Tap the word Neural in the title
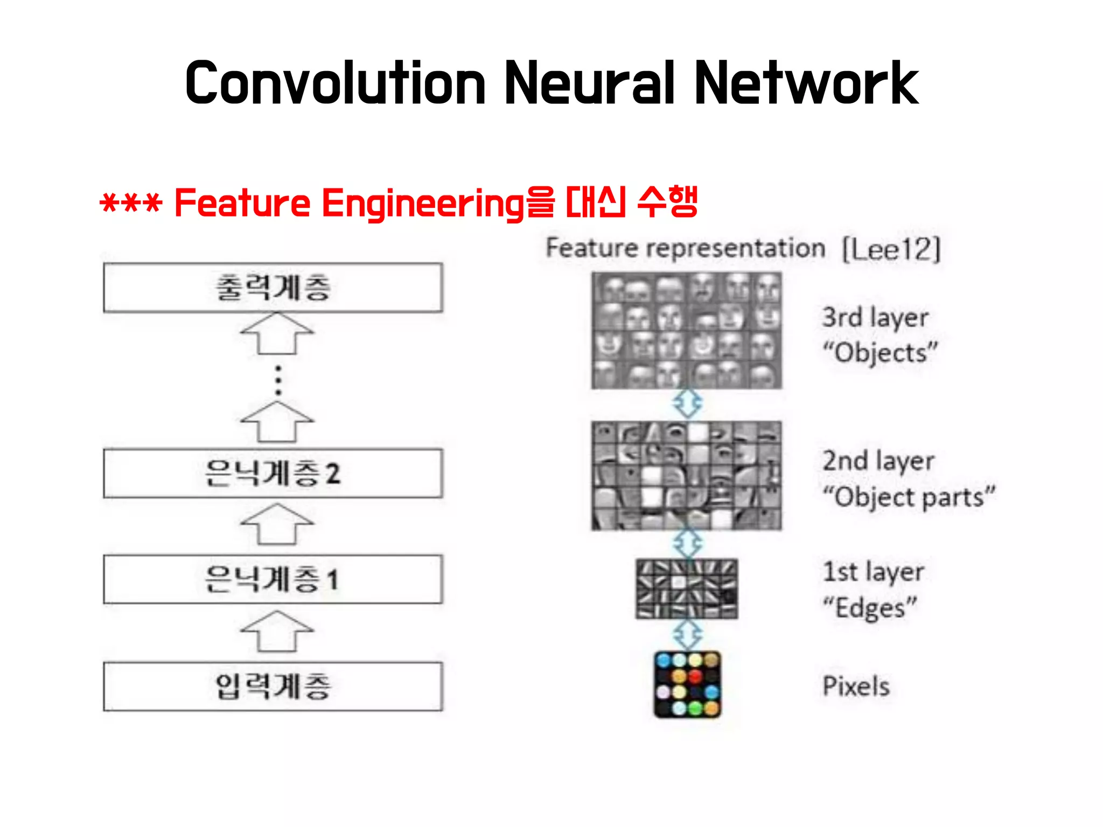tap(590, 83)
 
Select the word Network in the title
tap(806, 83)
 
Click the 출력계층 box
tap(273, 288)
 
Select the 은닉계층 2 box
tap(273, 473)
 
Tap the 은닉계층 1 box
tap(273, 579)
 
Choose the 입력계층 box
tap(273, 686)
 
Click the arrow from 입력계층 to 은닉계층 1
tap(277, 631)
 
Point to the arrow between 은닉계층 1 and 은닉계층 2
tap(277, 524)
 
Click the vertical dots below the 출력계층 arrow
tap(278, 381)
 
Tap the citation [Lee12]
tap(891, 249)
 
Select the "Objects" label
tap(880, 353)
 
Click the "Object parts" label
tap(909, 496)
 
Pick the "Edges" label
tap(870, 608)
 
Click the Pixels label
tap(856, 686)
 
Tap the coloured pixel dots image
tap(687, 685)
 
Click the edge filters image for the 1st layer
tap(687, 588)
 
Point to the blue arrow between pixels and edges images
tap(688, 635)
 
